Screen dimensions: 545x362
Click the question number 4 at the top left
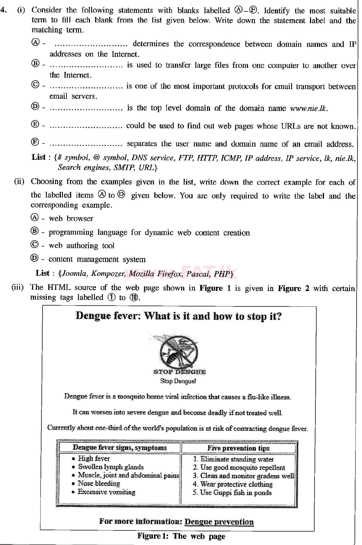pyautogui.click(x=3, y=10)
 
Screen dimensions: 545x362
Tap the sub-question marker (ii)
pyautogui.click(x=19, y=182)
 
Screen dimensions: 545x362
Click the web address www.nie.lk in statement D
pyautogui.click(x=309, y=108)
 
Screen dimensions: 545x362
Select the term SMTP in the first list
pyautogui.click(x=124, y=167)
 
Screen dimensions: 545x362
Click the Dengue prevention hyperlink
pyautogui.click(x=219, y=522)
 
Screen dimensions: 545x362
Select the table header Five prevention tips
pyautogui.click(x=238, y=448)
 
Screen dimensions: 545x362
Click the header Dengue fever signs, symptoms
pyautogui.click(x=119, y=447)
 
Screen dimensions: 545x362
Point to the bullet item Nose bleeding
pyautogui.click(x=99, y=483)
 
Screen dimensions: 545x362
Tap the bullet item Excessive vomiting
pyautogui.click(x=106, y=492)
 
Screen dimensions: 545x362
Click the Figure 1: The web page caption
pyautogui.click(x=181, y=536)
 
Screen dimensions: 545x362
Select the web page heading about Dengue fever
pyautogui.click(x=179, y=316)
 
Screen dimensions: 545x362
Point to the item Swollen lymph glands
pyautogui.click(x=111, y=467)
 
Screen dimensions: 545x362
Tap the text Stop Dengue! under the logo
pyautogui.click(x=178, y=381)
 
